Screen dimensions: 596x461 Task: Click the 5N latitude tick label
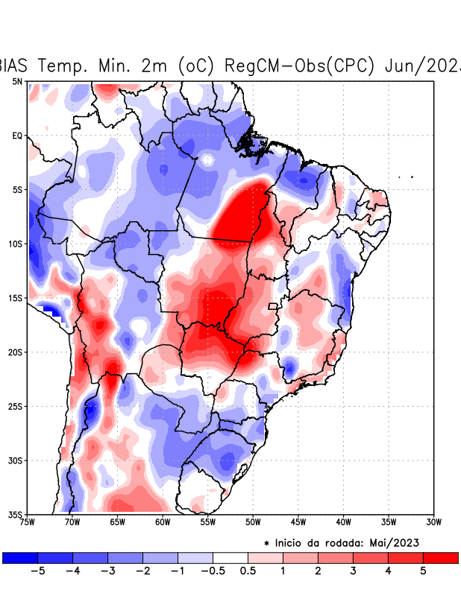click(17, 82)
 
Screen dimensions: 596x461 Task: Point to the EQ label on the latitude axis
click(17, 136)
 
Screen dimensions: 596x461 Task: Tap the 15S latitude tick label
click(16, 298)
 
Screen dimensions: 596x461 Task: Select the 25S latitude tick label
click(16, 406)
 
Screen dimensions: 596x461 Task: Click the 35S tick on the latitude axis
click(16, 514)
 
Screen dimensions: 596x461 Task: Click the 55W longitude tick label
click(207, 522)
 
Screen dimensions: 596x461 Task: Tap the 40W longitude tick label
click(343, 522)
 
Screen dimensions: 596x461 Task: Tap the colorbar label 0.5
click(248, 571)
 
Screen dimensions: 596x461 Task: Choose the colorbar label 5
click(422, 571)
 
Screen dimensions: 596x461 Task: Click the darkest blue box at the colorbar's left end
click(20, 558)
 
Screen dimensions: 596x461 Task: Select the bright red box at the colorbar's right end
click(440, 558)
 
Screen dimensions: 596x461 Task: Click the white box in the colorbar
click(230, 558)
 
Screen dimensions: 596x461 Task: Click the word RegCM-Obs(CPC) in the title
click(298, 66)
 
